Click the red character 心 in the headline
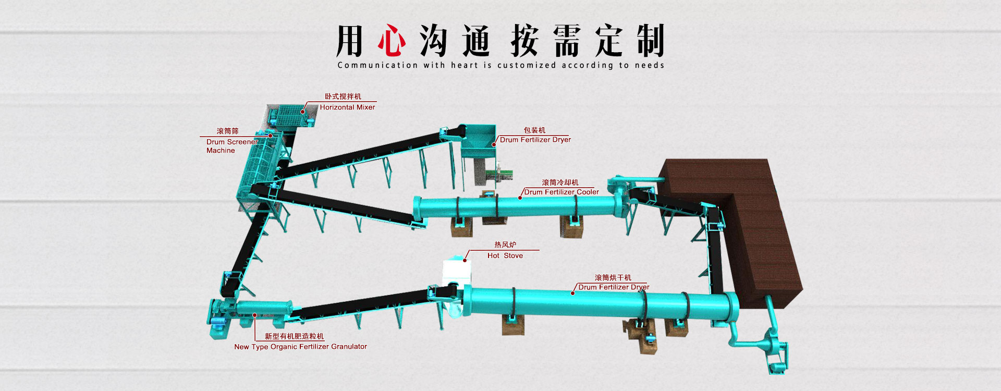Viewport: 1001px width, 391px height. coord(392,40)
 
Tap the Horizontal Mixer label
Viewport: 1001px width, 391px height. coord(347,107)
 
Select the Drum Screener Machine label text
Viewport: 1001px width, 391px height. coord(232,146)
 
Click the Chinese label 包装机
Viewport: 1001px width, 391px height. coord(534,130)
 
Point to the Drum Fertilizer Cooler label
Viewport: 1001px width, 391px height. coord(561,192)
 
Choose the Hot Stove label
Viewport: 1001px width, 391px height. coord(505,255)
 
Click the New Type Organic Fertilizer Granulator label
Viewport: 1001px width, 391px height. coord(301,347)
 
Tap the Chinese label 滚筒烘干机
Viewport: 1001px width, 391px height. coord(613,278)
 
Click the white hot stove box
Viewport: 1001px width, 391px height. coord(456,273)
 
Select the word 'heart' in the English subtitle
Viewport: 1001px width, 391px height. coord(465,65)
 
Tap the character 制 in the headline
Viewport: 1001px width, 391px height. coord(650,40)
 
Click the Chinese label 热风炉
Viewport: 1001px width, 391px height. coord(505,245)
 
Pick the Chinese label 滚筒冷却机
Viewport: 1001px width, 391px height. coord(560,182)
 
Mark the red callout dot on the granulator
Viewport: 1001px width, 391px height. coord(255,315)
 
